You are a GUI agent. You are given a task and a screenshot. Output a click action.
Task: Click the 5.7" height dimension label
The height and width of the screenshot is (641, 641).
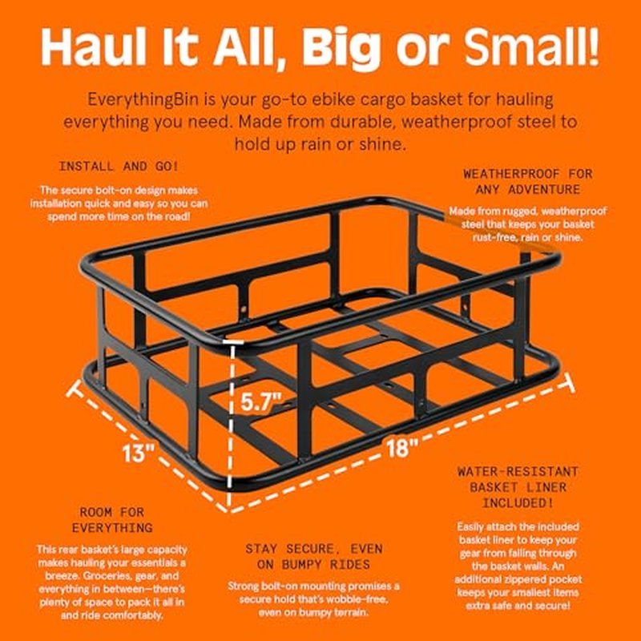click(x=262, y=401)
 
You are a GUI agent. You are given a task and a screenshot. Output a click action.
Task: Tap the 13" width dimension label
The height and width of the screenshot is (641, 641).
click(x=138, y=453)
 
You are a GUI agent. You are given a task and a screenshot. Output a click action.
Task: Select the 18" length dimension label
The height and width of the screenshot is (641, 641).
click(x=403, y=447)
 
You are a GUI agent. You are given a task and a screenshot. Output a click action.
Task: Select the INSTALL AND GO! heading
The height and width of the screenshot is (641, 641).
click(x=119, y=167)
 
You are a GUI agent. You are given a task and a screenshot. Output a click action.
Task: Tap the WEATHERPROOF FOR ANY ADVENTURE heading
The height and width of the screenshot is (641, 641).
click(x=528, y=182)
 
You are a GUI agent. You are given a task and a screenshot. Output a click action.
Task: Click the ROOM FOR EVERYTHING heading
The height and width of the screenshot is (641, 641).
click(x=112, y=519)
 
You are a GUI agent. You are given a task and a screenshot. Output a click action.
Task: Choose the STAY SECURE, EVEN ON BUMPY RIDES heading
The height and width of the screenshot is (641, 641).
click(x=314, y=556)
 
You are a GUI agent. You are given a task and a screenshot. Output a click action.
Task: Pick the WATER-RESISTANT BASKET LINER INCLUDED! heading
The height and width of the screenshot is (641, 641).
click(x=518, y=487)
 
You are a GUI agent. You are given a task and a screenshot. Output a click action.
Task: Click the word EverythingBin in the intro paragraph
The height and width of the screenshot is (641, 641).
click(x=143, y=99)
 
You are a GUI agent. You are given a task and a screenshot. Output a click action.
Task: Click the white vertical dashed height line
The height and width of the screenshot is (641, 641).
click(x=230, y=425)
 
